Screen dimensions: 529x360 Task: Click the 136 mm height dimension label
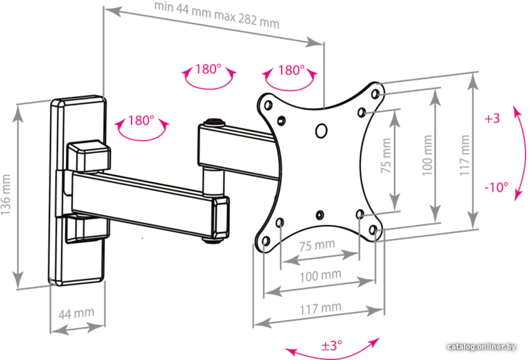point(6,195)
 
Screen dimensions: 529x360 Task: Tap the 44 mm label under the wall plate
point(76,313)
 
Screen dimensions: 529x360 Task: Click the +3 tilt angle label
point(492,118)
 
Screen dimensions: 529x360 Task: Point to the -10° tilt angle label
point(496,187)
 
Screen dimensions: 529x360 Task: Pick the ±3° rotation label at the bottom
point(332,346)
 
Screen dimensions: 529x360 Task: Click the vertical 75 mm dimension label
point(386,156)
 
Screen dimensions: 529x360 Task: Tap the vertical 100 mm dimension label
point(428,155)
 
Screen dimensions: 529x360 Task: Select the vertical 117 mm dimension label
point(465,155)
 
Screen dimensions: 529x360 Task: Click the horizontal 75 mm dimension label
point(317,245)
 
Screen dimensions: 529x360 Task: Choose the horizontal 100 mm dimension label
point(320,276)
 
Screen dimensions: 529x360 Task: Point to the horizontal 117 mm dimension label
point(320,308)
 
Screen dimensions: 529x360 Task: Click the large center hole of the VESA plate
point(321,130)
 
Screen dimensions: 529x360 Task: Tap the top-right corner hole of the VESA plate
point(375,93)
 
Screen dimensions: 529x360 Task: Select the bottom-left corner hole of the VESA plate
point(266,241)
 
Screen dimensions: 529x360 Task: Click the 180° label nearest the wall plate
point(141,120)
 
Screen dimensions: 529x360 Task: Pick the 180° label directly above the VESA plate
point(291,70)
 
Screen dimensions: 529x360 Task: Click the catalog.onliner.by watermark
point(481,347)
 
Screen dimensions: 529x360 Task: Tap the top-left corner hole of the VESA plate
point(268,105)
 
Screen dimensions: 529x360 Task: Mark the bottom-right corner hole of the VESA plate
point(373,230)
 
